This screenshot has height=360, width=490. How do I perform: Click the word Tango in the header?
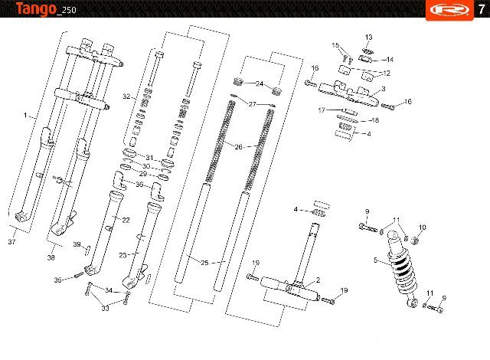point(36,8)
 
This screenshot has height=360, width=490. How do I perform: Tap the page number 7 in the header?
point(482,9)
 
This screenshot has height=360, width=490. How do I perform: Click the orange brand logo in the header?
point(449,10)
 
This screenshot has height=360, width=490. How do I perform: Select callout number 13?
point(369,38)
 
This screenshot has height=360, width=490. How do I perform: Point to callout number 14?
point(390,60)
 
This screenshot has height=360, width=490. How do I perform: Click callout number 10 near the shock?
point(422,227)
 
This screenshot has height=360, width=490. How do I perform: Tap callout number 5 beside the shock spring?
point(376,260)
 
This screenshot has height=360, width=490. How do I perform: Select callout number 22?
point(126,221)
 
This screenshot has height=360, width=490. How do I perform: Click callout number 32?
point(126,97)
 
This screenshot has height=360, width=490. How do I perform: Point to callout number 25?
point(204,263)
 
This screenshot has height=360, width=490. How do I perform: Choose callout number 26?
point(238,147)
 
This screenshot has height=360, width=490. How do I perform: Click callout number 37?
point(11,241)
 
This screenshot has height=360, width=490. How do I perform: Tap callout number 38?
point(51,257)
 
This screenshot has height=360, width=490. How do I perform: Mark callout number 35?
point(58,280)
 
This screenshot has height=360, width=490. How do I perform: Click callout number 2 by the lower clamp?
point(318,280)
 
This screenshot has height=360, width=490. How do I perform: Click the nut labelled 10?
point(415,241)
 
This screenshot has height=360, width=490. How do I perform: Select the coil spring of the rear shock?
point(403,270)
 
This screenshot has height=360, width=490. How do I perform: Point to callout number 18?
point(375,120)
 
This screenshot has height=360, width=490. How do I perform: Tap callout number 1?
point(25,116)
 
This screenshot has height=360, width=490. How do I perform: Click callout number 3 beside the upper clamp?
point(384,89)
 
